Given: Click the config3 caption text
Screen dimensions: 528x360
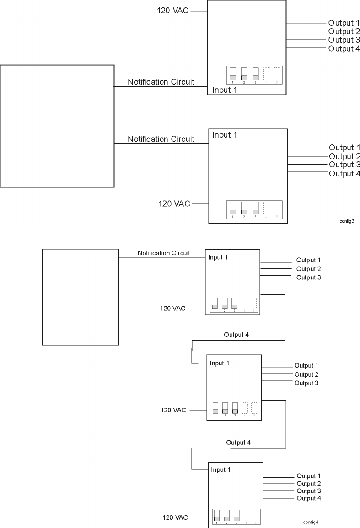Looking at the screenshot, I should pos(347,220).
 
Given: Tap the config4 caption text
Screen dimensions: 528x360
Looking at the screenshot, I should pos(311,522).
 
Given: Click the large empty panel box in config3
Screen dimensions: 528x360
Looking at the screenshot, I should pos(57,126).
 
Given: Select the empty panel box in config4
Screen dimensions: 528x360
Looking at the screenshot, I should pos(81,297).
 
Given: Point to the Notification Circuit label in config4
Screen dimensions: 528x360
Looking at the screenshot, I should pos(164,253).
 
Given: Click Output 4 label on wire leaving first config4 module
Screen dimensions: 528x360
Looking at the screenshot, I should pos(236,335).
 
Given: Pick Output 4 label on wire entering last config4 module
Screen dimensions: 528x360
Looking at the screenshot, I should pos(238,443).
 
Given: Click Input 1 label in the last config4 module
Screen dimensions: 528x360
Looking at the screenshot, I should pos(220,469).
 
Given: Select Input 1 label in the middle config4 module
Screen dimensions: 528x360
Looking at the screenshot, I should pos(219,363).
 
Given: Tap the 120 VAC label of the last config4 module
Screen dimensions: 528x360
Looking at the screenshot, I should pos(175,517).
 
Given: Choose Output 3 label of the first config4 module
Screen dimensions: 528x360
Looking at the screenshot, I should pos(308,277).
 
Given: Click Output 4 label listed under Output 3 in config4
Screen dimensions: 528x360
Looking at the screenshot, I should pos(309,498).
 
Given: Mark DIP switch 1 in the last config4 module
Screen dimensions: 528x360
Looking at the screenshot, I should pos(216,516).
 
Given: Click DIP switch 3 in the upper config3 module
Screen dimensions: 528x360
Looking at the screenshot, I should pos(255,74).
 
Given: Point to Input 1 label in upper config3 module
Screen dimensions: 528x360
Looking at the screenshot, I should pos(224,90).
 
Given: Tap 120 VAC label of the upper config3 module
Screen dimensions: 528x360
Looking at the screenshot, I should pos(173,10).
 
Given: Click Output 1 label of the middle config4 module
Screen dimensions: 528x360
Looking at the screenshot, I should pos(306,366).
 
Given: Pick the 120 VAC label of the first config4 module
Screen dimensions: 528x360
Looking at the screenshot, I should pos(172,309).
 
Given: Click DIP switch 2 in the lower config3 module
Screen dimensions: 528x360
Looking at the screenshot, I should pos(244,208).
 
